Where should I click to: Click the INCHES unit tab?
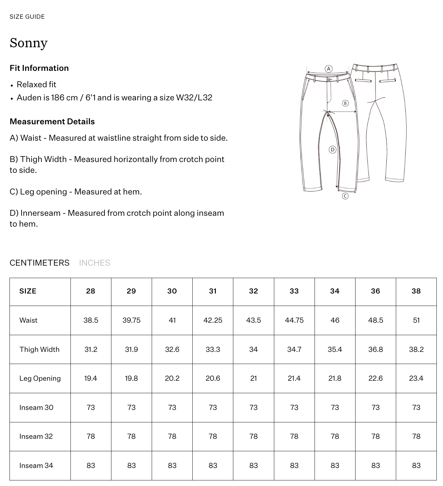click(x=94, y=263)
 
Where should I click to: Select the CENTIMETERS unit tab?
click(x=39, y=263)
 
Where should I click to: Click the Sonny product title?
click(x=29, y=43)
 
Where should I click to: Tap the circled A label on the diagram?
click(x=328, y=69)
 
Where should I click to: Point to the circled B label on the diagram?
click(x=345, y=103)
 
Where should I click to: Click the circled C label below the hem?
click(x=345, y=196)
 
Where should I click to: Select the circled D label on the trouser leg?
click(x=333, y=150)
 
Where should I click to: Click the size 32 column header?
click(x=253, y=291)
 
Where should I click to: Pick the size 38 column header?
click(x=416, y=291)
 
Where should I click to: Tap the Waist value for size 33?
click(x=294, y=320)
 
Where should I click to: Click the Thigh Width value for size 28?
click(x=91, y=349)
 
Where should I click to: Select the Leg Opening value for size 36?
click(x=376, y=378)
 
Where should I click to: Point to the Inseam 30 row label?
click(x=36, y=407)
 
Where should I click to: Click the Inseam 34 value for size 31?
click(x=213, y=465)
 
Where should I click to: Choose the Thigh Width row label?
click(x=39, y=349)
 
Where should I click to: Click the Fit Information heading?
click(x=39, y=68)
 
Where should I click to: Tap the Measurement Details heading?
click(x=52, y=121)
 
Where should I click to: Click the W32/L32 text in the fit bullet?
click(x=194, y=98)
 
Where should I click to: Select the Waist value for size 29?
click(x=131, y=320)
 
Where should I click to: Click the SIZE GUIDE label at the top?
click(x=27, y=17)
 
